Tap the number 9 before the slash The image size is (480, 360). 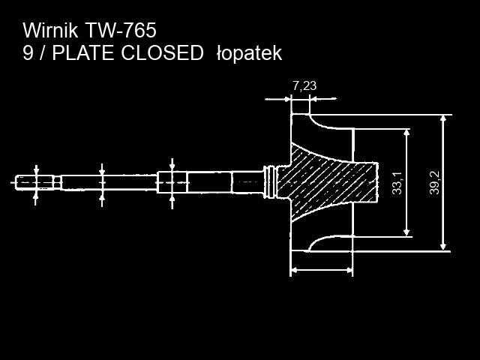28,53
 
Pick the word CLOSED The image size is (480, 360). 166,53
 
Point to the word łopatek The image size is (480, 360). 248,53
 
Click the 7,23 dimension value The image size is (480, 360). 304,85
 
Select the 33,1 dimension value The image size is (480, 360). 397,183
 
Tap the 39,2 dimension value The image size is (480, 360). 435,183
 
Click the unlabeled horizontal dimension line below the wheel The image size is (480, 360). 321,269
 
